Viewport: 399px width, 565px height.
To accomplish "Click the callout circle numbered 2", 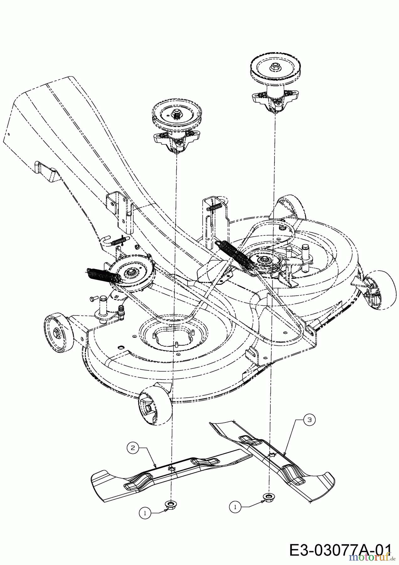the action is [133, 448].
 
